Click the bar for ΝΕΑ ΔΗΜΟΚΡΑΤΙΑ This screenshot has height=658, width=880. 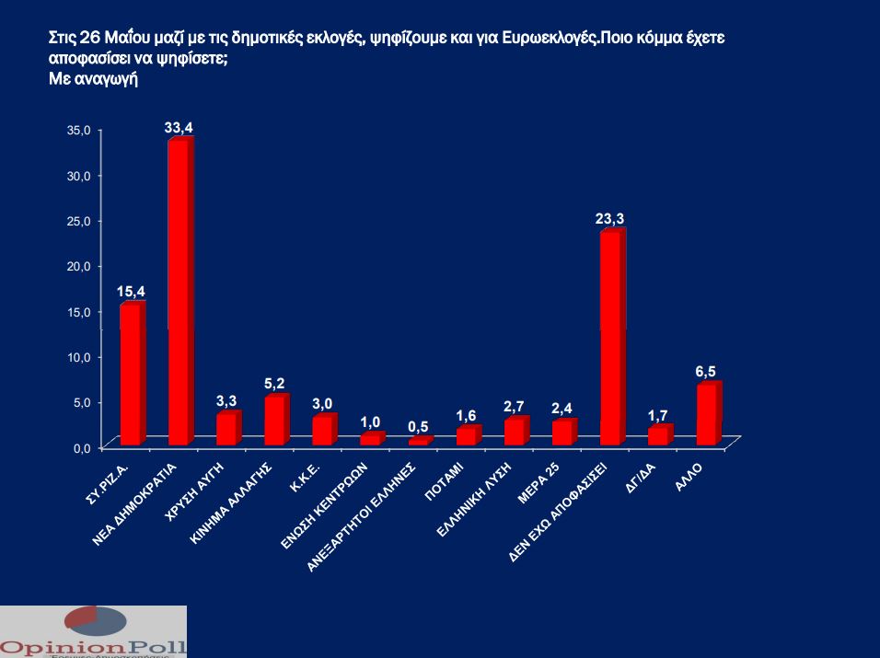pyautogui.click(x=179, y=293)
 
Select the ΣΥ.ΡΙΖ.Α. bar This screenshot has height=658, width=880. pyautogui.click(x=132, y=375)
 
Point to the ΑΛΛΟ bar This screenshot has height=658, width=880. pyautogui.click(x=707, y=415)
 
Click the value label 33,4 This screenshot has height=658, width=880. pyautogui.click(x=179, y=128)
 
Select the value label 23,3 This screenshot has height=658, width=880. pyautogui.click(x=610, y=219)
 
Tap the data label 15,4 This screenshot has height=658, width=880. pyautogui.click(x=131, y=292)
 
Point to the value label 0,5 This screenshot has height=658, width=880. pyautogui.click(x=419, y=426)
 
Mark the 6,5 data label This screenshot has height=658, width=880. pyautogui.click(x=706, y=371)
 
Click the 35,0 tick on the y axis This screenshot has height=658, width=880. pyautogui.click(x=77, y=131)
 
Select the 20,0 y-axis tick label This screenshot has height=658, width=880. pyautogui.click(x=77, y=266)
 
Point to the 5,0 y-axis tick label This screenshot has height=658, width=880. pyautogui.click(x=79, y=402)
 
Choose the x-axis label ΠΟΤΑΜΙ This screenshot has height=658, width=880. pyautogui.click(x=450, y=479)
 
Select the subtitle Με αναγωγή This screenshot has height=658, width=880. pyautogui.click(x=93, y=79)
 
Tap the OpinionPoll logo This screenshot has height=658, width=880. pyautogui.click(x=93, y=632)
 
